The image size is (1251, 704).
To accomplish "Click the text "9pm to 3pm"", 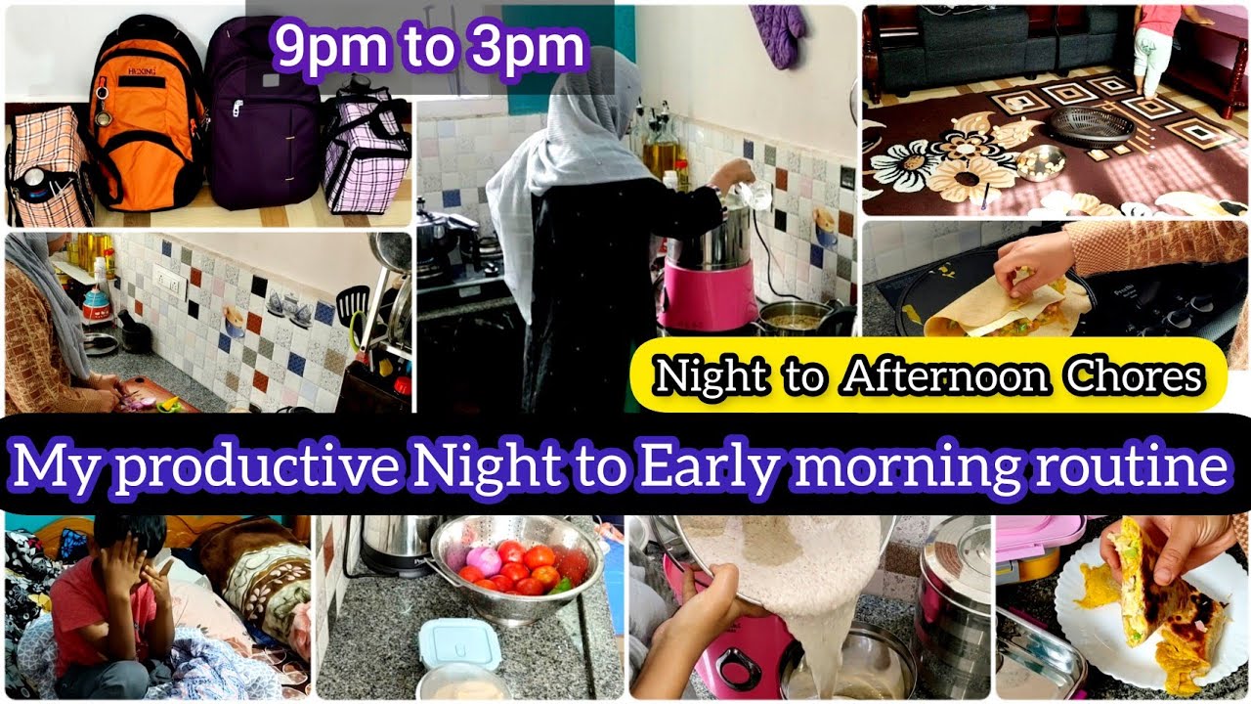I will pyautogui.click(x=430, y=46).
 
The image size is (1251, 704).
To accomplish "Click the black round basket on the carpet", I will pyautogui.click(x=1093, y=127).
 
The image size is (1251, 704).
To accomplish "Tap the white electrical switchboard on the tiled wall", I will pyautogui.click(x=169, y=285).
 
